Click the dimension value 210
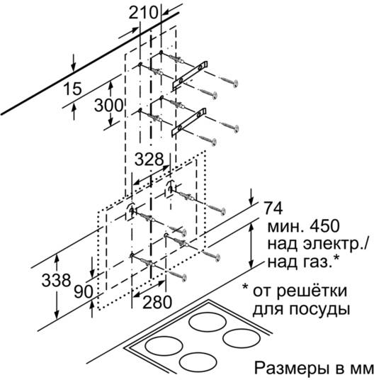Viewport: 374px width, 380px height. (143, 13)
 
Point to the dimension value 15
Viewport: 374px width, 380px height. (72, 89)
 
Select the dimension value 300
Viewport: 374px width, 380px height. (108, 106)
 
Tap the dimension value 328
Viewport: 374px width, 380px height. (149, 160)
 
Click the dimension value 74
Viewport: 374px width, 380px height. (273, 208)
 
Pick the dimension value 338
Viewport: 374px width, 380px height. (56, 280)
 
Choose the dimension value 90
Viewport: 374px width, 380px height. (84, 291)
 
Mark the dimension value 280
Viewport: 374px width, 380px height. (157, 302)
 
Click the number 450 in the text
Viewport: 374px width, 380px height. (325, 226)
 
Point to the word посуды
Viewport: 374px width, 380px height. (318, 310)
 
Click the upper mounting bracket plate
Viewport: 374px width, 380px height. (190, 75)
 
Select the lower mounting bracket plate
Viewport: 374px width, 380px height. (189, 122)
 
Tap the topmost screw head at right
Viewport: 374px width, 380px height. (234, 84)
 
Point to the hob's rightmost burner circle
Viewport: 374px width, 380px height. (242, 338)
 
